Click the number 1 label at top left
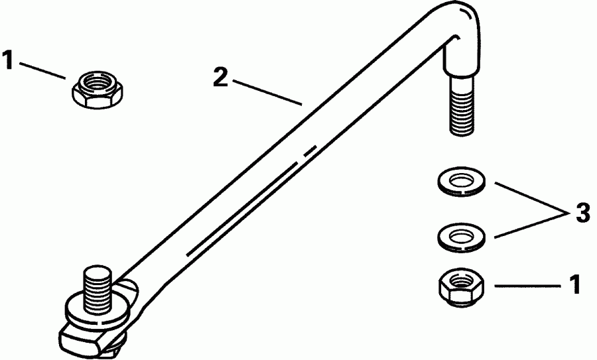[x=7, y=61]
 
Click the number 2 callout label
[x=221, y=78]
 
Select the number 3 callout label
[x=582, y=214]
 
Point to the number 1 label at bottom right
[x=574, y=285]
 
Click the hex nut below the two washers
[x=462, y=286]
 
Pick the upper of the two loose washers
[x=462, y=181]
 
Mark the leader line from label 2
[x=266, y=91]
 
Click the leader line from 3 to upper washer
[x=528, y=197]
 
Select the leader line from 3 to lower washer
[x=528, y=223]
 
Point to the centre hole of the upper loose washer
[x=462, y=179]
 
